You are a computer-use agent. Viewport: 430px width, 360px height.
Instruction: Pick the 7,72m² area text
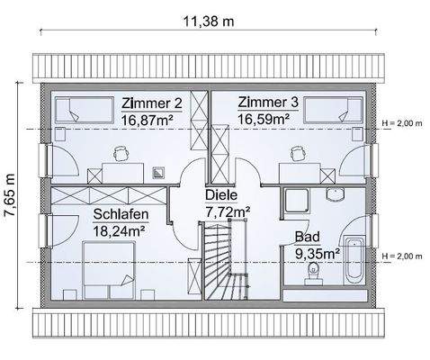tap(228, 211)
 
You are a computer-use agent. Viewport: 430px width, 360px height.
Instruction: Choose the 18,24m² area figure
tap(120, 229)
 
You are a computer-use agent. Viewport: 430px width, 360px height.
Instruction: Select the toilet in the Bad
tap(316, 274)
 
